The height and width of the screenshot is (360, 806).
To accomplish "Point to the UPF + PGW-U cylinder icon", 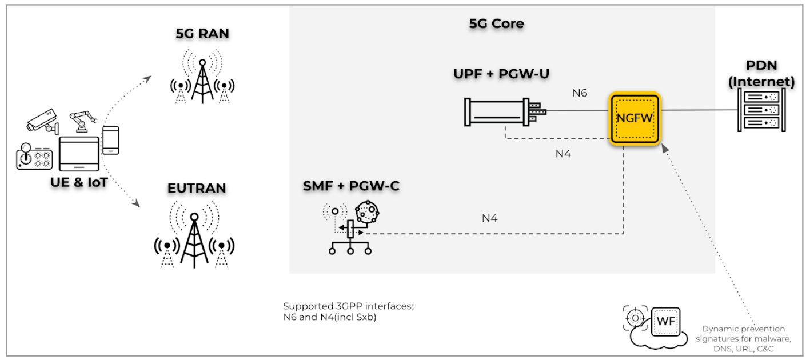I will (x=504, y=112).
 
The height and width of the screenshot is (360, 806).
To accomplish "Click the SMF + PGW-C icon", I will (x=350, y=227).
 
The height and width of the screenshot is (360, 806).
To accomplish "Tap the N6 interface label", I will (x=580, y=93).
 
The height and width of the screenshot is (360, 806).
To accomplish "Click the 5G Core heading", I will (x=496, y=24).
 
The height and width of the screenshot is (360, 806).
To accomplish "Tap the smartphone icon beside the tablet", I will (x=111, y=140).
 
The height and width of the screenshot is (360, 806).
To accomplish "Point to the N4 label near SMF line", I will (x=490, y=218).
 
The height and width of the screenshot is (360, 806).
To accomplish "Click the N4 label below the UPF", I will (x=563, y=154).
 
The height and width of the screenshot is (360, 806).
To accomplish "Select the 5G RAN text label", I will (x=202, y=34).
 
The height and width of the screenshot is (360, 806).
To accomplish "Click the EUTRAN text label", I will (x=197, y=188).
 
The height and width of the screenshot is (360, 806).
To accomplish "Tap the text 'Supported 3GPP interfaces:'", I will (x=348, y=306).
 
